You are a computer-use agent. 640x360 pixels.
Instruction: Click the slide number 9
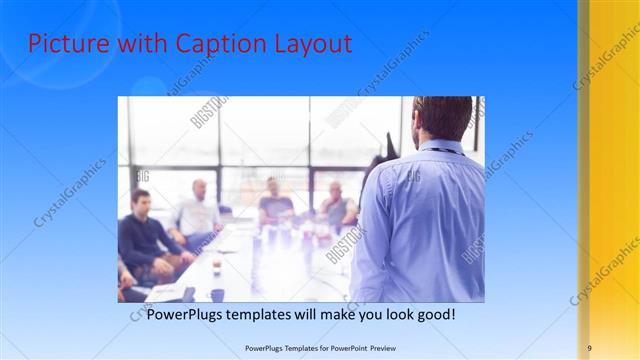click(589, 347)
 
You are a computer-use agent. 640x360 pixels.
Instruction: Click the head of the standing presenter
click(441, 117)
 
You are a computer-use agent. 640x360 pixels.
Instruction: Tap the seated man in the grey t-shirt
click(274, 204)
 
